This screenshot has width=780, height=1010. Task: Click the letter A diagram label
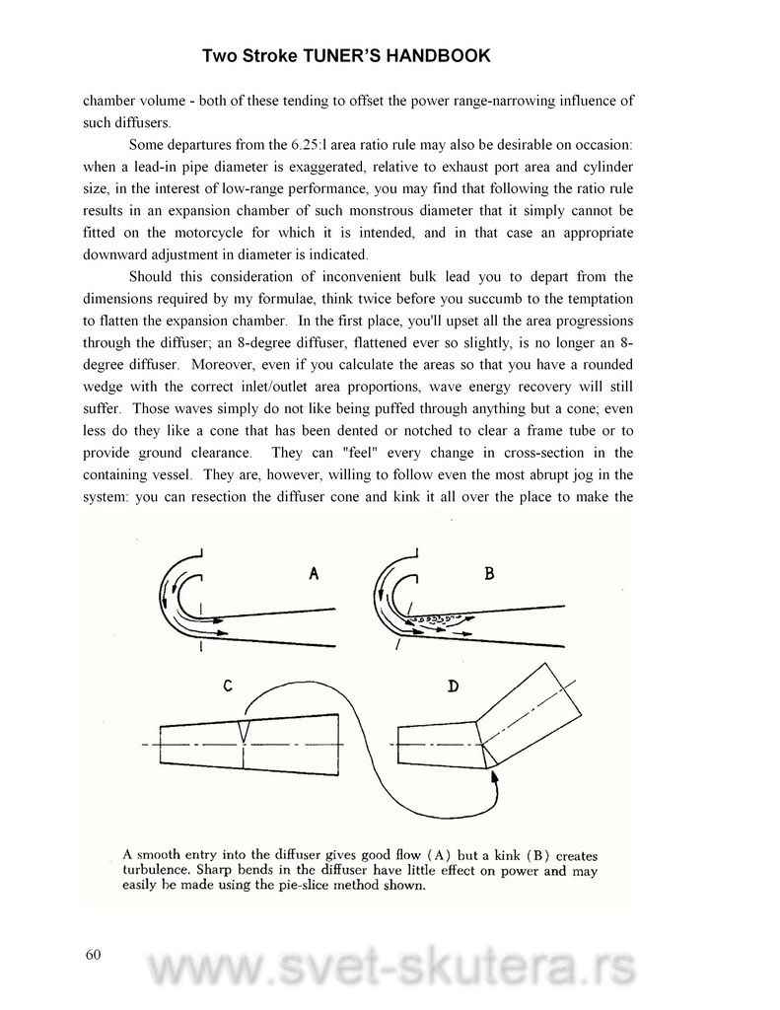(x=313, y=575)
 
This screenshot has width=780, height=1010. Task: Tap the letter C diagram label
(x=227, y=688)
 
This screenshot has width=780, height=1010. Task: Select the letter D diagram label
(x=452, y=687)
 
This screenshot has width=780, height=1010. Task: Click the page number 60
(x=94, y=954)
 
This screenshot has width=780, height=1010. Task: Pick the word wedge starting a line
(x=104, y=386)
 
